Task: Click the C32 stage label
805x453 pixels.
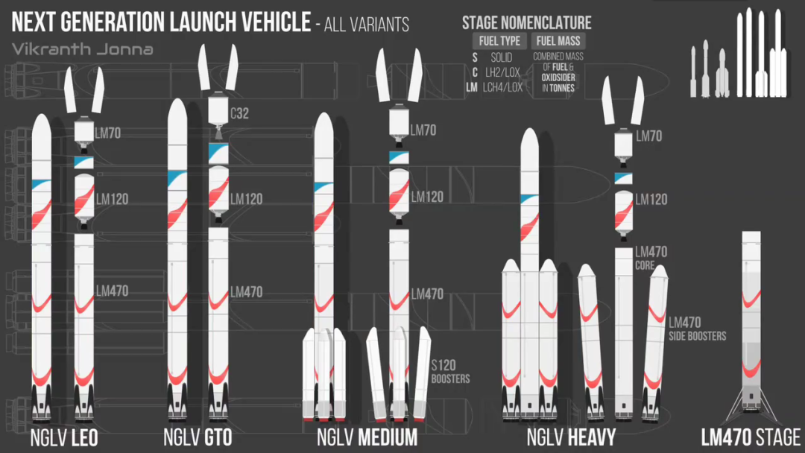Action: pos(240,114)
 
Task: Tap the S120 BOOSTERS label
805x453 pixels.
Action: pos(450,372)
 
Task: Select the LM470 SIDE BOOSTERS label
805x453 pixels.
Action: pos(697,329)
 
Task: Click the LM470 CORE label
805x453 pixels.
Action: pos(651,258)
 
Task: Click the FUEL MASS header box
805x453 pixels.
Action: pos(558,41)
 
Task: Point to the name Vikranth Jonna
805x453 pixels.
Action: pos(83,50)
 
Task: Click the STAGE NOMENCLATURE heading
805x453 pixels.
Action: pos(527,23)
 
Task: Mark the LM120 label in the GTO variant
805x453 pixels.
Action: pos(246,200)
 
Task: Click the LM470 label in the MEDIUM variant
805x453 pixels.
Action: pos(427,294)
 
